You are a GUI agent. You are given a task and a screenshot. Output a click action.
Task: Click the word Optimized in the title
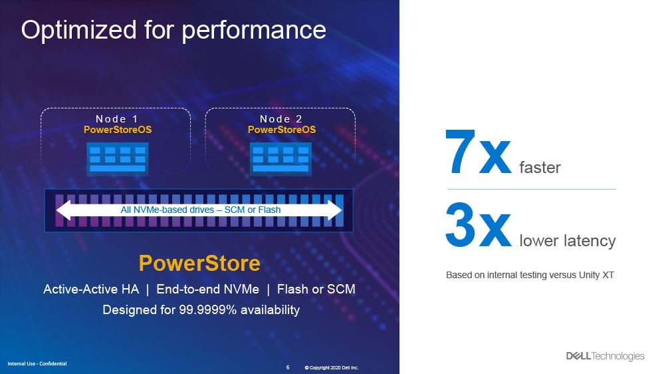pos(79,31)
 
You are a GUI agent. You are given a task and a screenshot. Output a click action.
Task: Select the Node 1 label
pos(117,118)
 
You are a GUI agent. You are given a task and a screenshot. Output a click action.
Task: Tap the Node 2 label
pos(280,118)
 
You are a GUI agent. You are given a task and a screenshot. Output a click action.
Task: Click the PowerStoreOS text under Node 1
pos(117,130)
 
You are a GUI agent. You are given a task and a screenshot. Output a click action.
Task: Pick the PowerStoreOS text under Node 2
pos(282,130)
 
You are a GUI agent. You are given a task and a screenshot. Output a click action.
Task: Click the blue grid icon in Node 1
pos(118,159)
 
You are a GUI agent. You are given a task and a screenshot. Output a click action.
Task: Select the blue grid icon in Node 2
pos(280,159)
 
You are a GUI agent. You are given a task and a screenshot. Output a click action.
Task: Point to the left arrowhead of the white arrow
pos(64,210)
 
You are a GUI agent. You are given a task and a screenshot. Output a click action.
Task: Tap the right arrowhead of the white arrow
pos(334,210)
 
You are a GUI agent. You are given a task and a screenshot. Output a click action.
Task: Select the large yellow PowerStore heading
pos(199,264)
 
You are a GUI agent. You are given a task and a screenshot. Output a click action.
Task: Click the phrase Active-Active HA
pos(91,289)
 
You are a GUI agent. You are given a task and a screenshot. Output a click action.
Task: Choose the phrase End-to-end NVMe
pos(207,289)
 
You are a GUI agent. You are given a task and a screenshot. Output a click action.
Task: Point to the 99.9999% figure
pos(207,310)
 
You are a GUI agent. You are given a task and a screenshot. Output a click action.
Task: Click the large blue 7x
pos(479,152)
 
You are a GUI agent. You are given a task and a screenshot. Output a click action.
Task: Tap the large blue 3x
pos(479,225)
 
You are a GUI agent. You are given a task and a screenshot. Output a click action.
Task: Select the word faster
pos(540,168)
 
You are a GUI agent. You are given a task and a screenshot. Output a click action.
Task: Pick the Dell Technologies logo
pos(605,356)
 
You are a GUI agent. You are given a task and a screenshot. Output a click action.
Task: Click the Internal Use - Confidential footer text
pos(37,364)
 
